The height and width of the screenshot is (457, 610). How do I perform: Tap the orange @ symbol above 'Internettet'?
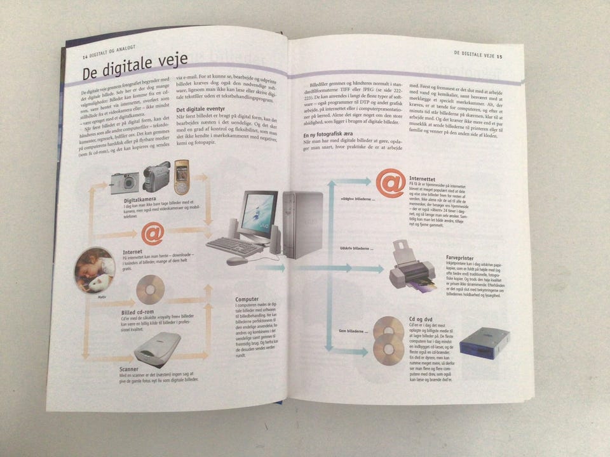(x=390, y=183)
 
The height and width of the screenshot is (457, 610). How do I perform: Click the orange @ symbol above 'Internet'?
(x=152, y=234)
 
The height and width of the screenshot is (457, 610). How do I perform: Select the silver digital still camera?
(x=125, y=182)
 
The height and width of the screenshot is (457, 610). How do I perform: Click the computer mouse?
(x=236, y=260)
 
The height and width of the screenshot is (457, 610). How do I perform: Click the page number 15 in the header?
(x=500, y=56)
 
